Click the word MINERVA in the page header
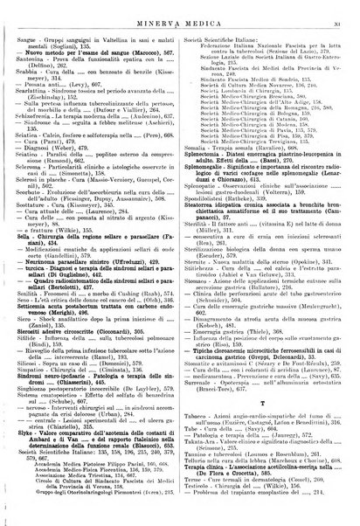(x=156, y=10)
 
